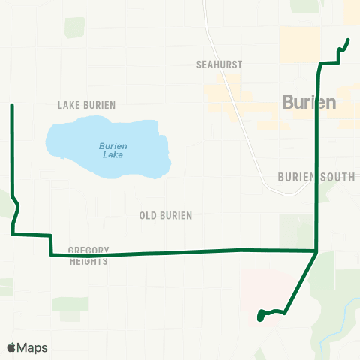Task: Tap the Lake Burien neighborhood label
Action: (x=86, y=105)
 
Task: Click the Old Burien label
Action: (x=166, y=216)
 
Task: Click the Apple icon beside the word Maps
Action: (x=12, y=346)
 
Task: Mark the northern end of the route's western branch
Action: (x=12, y=106)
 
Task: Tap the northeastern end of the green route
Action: (x=348, y=40)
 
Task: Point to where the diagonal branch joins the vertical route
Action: (x=316, y=250)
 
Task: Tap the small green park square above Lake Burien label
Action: (x=74, y=28)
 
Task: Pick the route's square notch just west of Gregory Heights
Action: (x=50, y=244)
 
